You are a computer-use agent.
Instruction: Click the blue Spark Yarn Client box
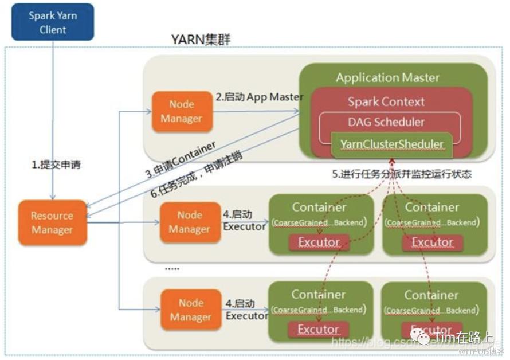coord(53,22)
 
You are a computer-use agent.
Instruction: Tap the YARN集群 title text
coord(201,40)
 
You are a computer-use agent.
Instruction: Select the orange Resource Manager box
coord(52,223)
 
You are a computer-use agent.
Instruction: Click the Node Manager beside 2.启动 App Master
coord(181,112)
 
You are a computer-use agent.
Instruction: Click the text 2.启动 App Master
coord(259,97)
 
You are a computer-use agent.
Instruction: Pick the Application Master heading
coord(387,77)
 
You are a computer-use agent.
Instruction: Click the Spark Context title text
coord(386,102)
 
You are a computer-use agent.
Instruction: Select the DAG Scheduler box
coord(386,122)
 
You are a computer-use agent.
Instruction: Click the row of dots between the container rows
coord(172,268)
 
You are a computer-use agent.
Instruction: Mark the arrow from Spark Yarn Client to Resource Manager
coord(53,115)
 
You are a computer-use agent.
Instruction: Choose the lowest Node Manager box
coord(190,310)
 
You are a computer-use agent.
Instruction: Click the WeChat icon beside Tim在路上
coord(423,338)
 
